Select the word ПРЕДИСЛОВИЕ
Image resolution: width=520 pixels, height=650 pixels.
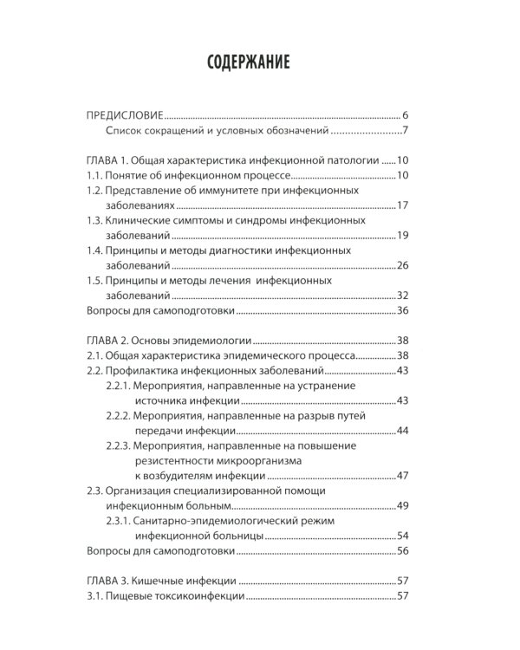[x=126, y=115]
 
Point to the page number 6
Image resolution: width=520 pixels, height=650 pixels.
[x=405, y=115]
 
